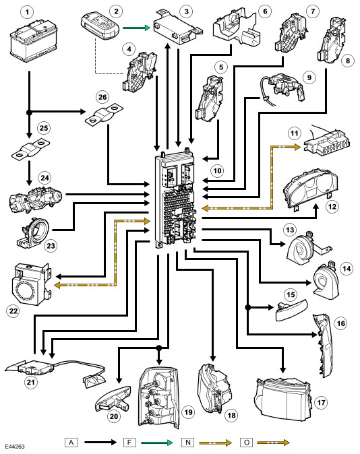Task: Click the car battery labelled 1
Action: pos(33,41)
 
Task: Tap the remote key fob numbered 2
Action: pos(100,27)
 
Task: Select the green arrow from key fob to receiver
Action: pos(136,28)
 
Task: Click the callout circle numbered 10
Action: pos(217,170)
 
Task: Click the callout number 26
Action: pos(102,97)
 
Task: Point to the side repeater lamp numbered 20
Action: pos(114,399)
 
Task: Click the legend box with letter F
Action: pos(129,443)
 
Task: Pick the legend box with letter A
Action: pos(71,443)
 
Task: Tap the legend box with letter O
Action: pos(247,443)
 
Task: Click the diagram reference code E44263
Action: pos(15,447)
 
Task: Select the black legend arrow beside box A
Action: pos(100,442)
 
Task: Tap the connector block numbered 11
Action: pos(327,144)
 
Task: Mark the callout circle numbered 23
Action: pos(51,246)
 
